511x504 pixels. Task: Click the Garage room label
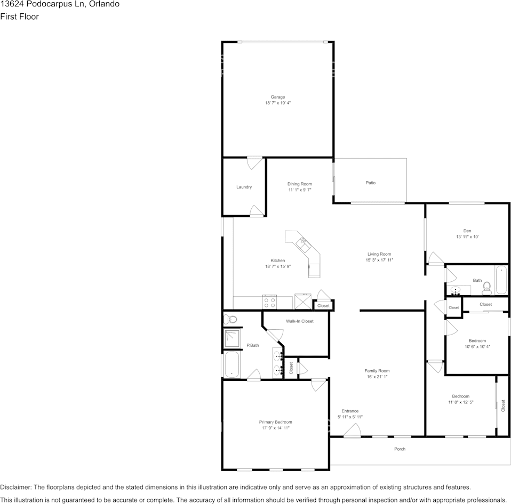(x=277, y=97)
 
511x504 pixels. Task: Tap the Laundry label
(x=244, y=187)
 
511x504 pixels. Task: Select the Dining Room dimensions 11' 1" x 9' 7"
(x=299, y=190)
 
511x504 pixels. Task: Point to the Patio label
(x=370, y=183)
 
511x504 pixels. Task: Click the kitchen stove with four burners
(x=269, y=302)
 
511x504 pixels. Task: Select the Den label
(x=467, y=231)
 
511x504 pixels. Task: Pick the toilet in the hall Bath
(x=486, y=289)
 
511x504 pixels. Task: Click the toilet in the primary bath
(x=230, y=319)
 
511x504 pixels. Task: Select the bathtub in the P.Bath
(x=232, y=365)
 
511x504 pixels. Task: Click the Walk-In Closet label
(x=299, y=321)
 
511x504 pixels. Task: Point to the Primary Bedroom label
(x=275, y=422)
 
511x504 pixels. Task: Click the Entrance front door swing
(x=350, y=433)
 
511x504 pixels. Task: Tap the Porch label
(x=400, y=449)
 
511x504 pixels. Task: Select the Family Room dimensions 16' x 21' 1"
(x=377, y=377)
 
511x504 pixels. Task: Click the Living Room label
(x=379, y=254)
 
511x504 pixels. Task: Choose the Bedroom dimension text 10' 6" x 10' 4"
(x=477, y=347)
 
